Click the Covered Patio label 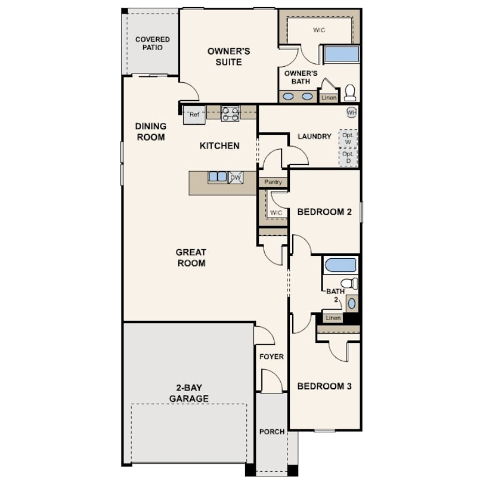(153, 44)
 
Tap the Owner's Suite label (228, 57)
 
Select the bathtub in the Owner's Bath (342, 54)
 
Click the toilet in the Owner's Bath (350, 92)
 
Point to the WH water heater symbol (351, 112)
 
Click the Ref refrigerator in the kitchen (194, 114)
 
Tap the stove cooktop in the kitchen (230, 114)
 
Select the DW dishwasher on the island (236, 178)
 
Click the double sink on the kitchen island (218, 177)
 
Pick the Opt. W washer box (348, 138)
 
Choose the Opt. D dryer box (348, 157)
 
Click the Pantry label (273, 182)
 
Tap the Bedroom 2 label (324, 212)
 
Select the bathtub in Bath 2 (340, 265)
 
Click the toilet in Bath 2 (349, 283)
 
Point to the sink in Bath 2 (351, 304)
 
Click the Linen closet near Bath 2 (333, 318)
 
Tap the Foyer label (271, 357)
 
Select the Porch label (272, 432)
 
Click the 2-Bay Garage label (189, 393)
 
